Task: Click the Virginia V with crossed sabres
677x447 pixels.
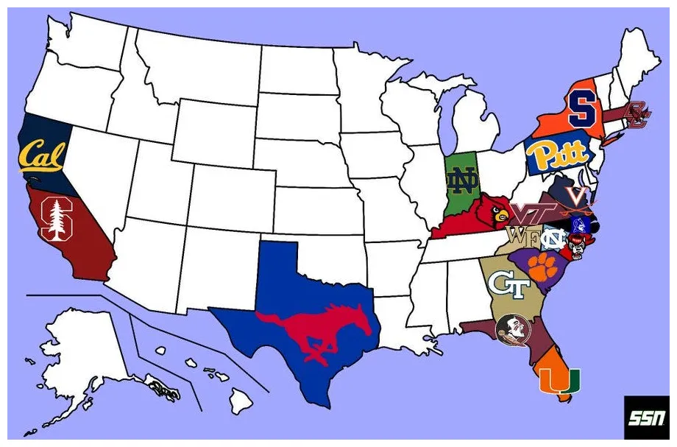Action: pos(579,196)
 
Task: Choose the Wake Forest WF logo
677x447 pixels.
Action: pos(520,237)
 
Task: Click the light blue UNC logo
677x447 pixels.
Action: pos(551,239)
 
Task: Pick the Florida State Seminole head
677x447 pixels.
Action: pos(508,329)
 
